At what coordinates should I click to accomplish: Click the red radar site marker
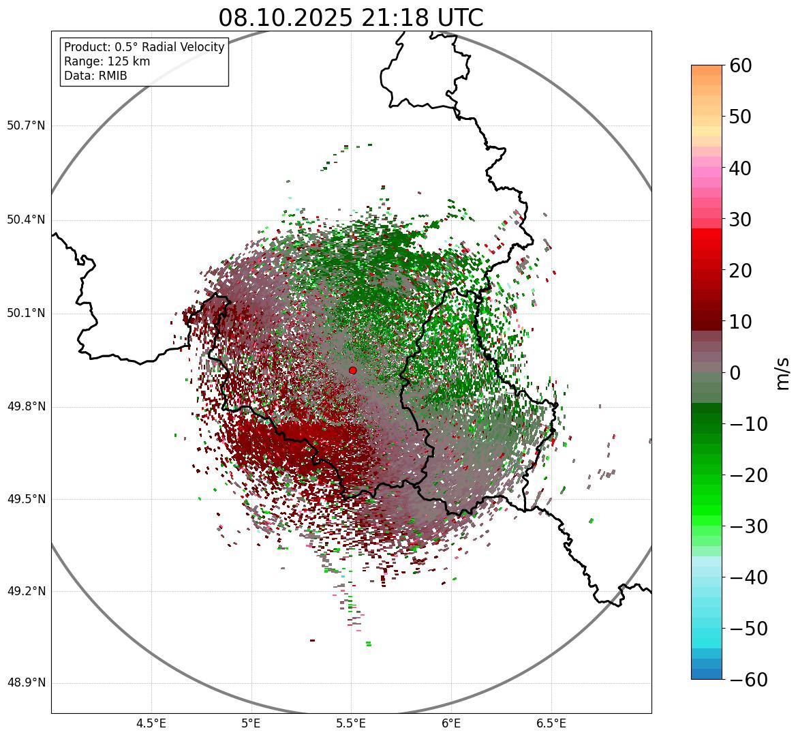coord(353,370)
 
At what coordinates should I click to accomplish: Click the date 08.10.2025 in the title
coord(284,18)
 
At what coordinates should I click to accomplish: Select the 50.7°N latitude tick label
coord(26,125)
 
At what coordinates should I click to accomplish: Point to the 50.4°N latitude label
coord(26,220)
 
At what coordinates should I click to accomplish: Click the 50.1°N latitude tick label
coord(26,314)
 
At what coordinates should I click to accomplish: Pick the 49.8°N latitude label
coord(26,407)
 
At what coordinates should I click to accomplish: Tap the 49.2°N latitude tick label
coord(26,591)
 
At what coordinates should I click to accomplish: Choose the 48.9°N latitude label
coord(26,683)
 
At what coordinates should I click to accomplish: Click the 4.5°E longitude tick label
coord(151,723)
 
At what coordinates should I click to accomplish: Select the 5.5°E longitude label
coord(351,723)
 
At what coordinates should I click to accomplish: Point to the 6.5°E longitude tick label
coord(551,723)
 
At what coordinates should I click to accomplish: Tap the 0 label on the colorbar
coord(735,373)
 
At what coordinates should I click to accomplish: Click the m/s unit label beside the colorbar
coord(783,373)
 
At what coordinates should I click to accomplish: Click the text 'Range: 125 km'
coord(107,61)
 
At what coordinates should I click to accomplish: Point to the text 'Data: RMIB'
coord(95,76)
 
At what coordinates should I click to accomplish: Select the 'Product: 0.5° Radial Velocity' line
coord(144,47)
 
